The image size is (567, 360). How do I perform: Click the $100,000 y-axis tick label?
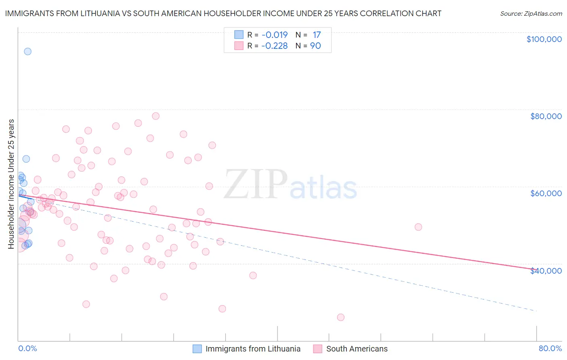coord(544,39)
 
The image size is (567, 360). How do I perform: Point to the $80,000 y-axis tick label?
coord(546,116)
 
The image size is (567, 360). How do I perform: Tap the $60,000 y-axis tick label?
coord(546,193)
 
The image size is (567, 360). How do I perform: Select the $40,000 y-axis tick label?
coord(546,271)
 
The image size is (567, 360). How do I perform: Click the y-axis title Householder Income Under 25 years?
coord(11,184)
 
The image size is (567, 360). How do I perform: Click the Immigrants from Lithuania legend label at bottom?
coord(253,349)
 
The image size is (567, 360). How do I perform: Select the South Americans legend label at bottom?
coord(356,349)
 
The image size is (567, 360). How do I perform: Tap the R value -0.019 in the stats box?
coord(274,35)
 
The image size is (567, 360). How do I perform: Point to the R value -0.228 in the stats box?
coord(274,46)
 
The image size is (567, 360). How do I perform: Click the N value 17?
coord(317,35)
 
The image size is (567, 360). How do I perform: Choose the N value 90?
coord(315,46)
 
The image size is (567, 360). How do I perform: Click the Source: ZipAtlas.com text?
coord(531,14)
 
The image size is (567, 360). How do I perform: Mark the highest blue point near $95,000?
coord(27,51)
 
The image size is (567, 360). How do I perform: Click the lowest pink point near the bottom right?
coord(341,317)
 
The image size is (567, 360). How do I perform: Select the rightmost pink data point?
coord(418,227)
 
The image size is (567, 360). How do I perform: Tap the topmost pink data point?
coord(156,116)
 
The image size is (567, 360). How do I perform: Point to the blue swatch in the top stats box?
coord(239,35)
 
